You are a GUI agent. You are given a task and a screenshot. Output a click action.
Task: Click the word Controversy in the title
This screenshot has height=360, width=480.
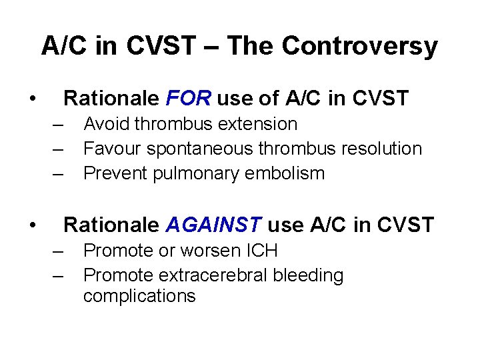pos(359,47)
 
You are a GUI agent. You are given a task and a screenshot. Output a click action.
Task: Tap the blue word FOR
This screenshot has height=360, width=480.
pos(187,99)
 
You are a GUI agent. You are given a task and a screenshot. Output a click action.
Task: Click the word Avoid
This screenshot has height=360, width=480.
pos(104,124)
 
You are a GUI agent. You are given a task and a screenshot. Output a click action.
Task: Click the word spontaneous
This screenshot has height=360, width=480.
pos(197,149)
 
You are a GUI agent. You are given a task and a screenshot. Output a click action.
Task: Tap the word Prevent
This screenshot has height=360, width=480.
pos(115,173)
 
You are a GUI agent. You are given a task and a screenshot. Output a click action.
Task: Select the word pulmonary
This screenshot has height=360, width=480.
pos(193,173)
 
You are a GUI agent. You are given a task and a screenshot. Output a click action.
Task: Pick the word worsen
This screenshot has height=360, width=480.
pos(209,251)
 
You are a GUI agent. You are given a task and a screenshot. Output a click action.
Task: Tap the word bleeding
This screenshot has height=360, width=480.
pos(310,275)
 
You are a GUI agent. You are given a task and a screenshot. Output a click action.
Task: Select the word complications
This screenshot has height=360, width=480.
pos(139,296)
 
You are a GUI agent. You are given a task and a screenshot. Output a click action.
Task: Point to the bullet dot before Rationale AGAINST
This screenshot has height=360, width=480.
pos(32,226)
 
